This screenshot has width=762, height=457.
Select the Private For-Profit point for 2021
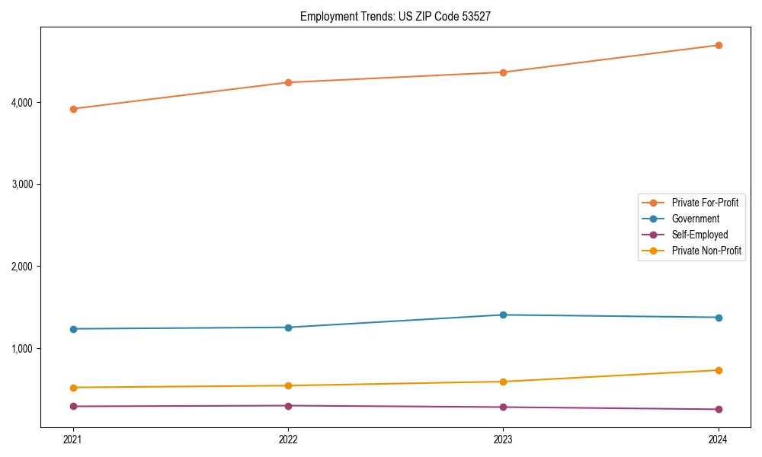[73, 109]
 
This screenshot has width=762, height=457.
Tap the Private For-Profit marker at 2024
[719, 45]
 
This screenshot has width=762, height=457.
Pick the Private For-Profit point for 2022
[288, 82]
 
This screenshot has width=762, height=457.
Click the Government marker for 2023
[503, 315]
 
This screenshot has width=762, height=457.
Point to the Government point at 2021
[73, 329]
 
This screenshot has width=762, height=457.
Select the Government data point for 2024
[719, 318]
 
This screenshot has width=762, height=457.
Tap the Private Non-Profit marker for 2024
[719, 370]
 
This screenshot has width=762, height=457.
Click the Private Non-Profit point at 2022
[288, 385]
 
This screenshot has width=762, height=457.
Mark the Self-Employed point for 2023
[503, 407]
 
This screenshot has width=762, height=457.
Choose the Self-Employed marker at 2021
[73, 406]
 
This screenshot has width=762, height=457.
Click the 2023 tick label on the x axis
[503, 439]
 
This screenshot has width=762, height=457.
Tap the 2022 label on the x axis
[288, 439]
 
